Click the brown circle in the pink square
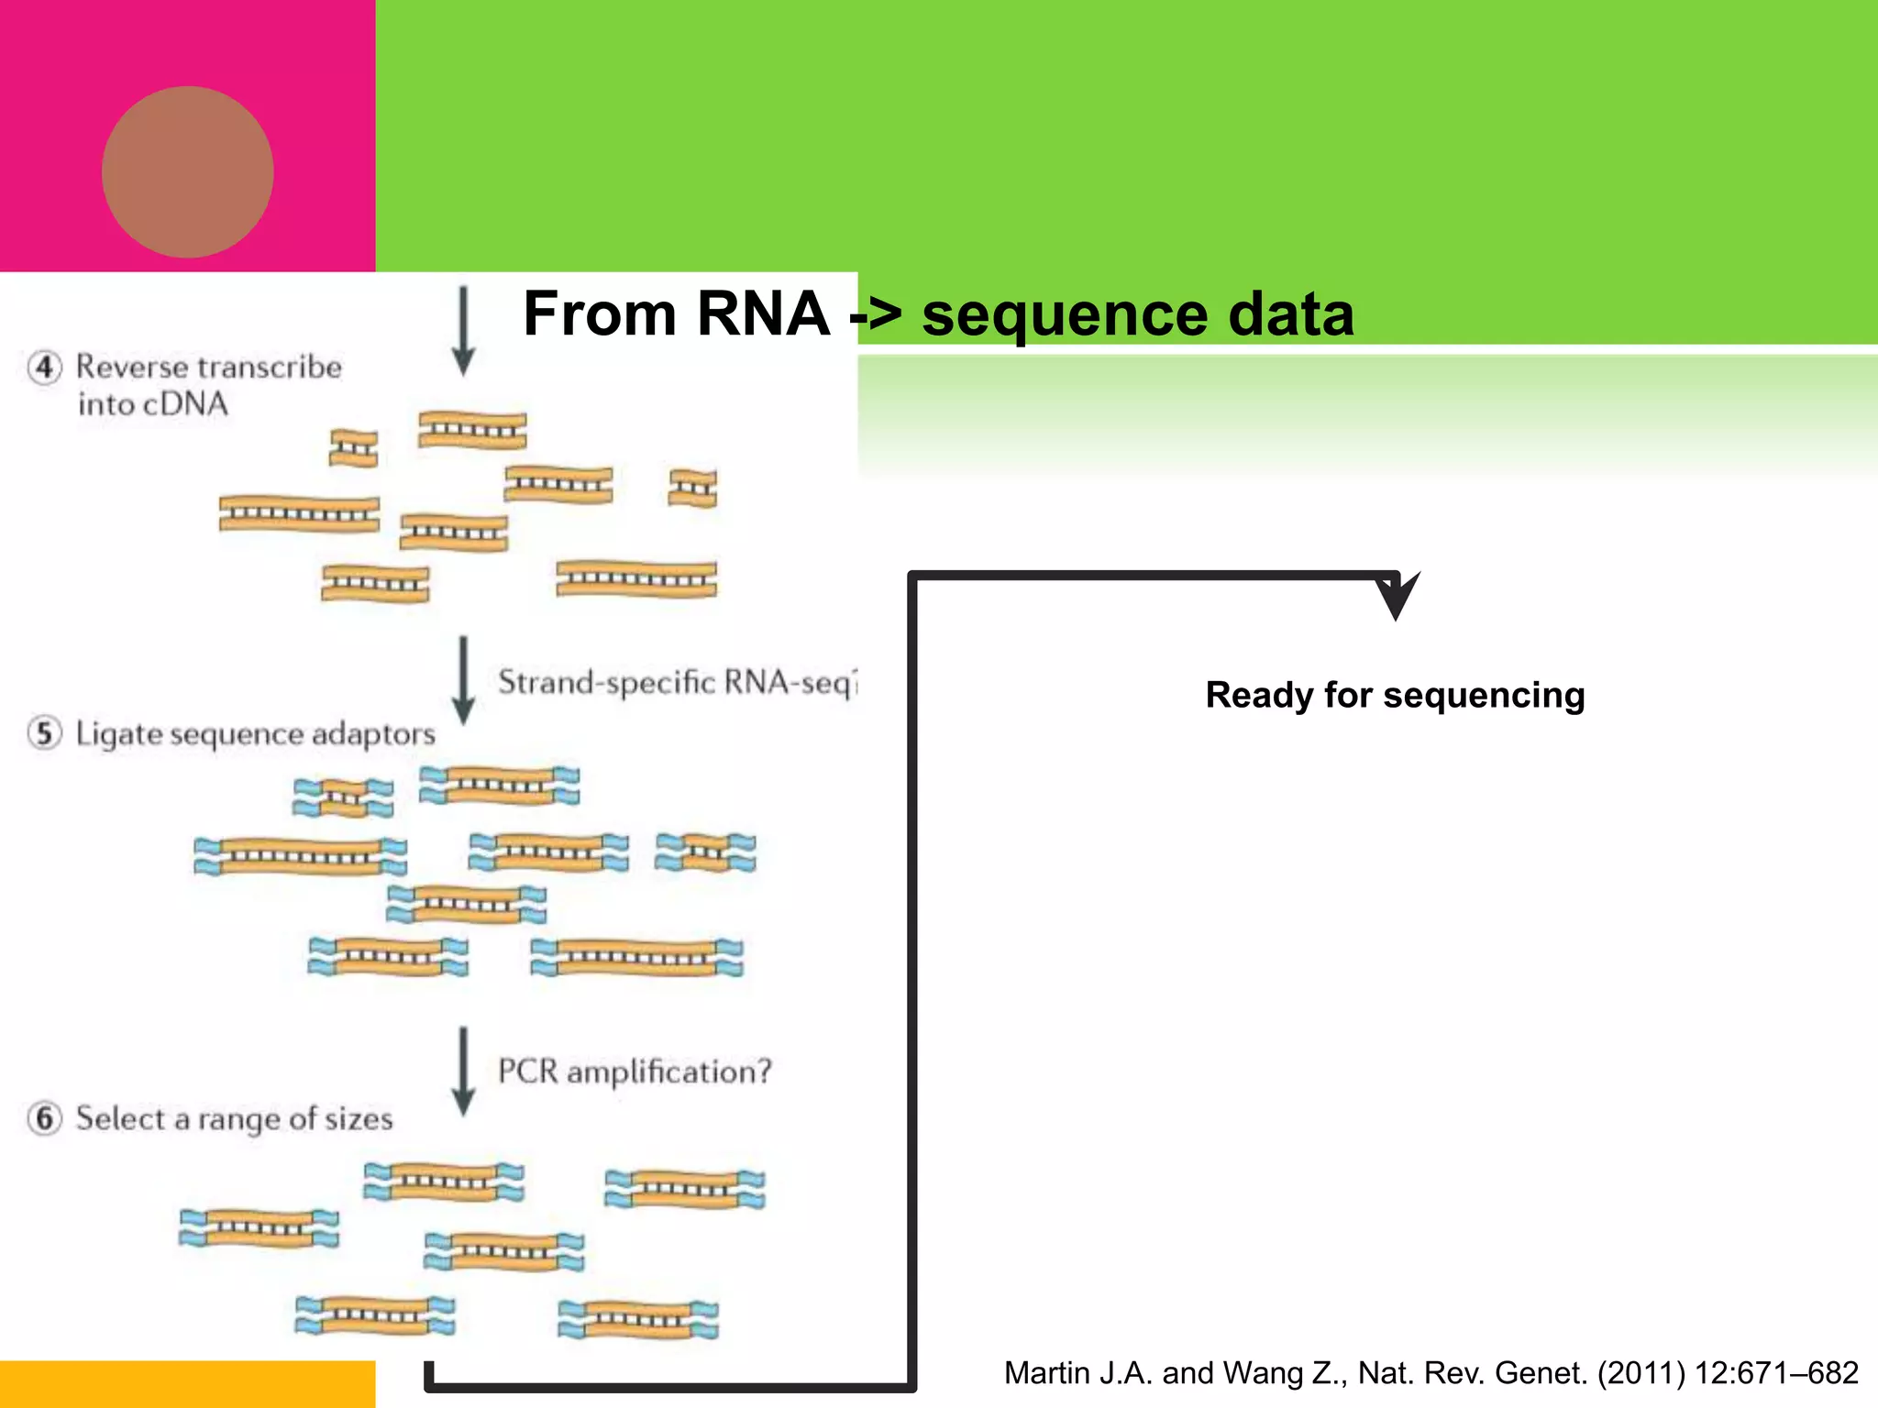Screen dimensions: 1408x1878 [x=187, y=172]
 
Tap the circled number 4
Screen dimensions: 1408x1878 [x=45, y=368]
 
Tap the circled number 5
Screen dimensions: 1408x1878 [x=45, y=733]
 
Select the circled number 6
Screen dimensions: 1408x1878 [x=45, y=1118]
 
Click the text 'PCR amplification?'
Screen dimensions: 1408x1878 [x=635, y=1072]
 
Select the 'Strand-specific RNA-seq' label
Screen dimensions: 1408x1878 [x=677, y=683]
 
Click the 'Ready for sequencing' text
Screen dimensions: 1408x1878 [x=1395, y=695]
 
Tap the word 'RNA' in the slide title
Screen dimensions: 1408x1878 [x=763, y=313]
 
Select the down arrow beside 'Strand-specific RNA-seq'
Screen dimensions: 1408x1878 [x=464, y=680]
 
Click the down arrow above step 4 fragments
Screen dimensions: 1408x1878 [x=464, y=330]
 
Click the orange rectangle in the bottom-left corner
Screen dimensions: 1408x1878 [x=187, y=1384]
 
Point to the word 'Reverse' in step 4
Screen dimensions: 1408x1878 [x=131, y=367]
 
